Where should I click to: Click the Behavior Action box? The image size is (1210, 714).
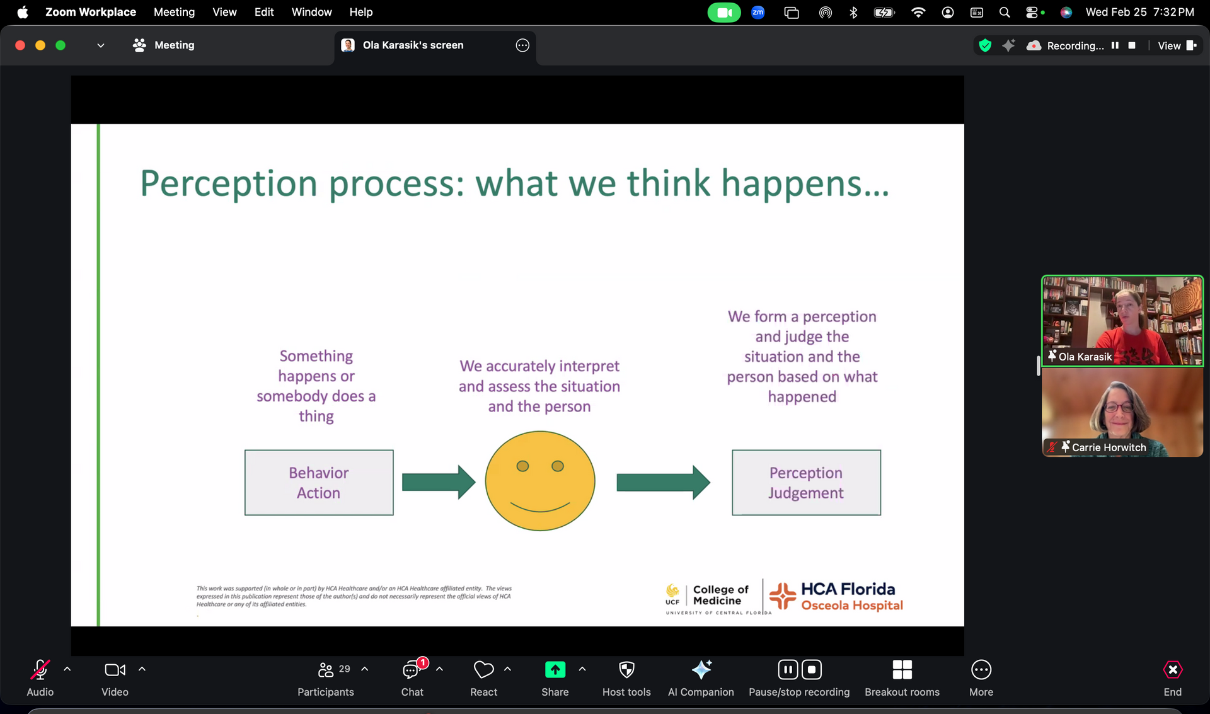pos(319,483)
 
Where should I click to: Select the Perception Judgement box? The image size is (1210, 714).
pos(806,483)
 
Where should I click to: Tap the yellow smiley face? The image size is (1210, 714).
pos(540,481)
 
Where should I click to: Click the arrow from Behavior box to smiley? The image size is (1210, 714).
pos(439,482)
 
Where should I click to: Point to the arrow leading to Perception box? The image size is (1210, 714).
pos(663,482)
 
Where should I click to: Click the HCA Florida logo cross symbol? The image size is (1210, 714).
pos(783,596)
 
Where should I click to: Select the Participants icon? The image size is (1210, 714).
pos(326,669)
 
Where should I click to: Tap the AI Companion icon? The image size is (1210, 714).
pos(701,669)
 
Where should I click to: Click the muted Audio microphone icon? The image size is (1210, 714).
pos(40,670)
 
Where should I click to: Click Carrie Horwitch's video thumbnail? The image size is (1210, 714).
pos(1122,412)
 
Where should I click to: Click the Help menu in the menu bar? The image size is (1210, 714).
pos(361,12)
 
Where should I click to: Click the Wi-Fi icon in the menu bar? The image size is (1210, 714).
pos(918,12)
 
